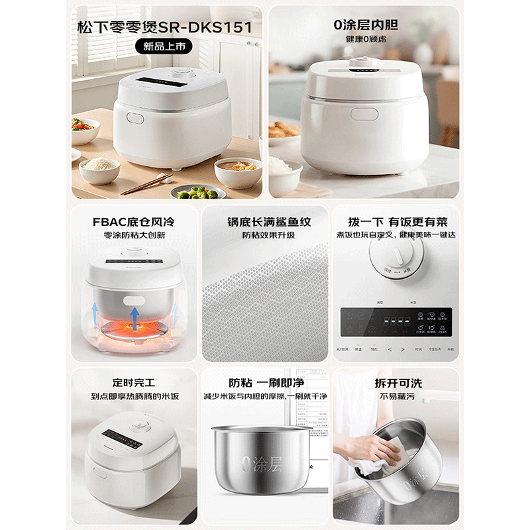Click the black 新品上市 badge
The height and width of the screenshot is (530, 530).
point(164,46)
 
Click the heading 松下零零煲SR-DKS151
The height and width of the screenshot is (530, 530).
point(164,27)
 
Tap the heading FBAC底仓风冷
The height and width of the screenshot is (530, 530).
point(134,221)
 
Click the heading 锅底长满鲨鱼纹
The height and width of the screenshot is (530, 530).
point(264,221)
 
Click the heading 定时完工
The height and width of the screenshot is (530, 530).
point(134,383)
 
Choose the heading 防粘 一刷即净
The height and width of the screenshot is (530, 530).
point(264,383)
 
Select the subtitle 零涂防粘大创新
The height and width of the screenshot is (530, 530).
point(134,235)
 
